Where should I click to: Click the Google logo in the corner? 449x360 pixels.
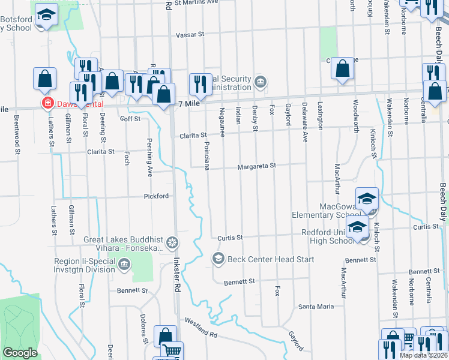20,353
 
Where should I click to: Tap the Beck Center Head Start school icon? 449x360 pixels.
218,259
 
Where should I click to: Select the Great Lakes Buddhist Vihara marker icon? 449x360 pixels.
172,242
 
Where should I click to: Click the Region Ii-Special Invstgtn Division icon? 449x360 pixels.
124,265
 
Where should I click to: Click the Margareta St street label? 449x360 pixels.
256,166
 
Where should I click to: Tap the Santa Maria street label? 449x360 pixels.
316,307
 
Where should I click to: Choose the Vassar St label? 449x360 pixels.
191,35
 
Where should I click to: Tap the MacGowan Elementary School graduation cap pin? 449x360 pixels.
367,198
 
